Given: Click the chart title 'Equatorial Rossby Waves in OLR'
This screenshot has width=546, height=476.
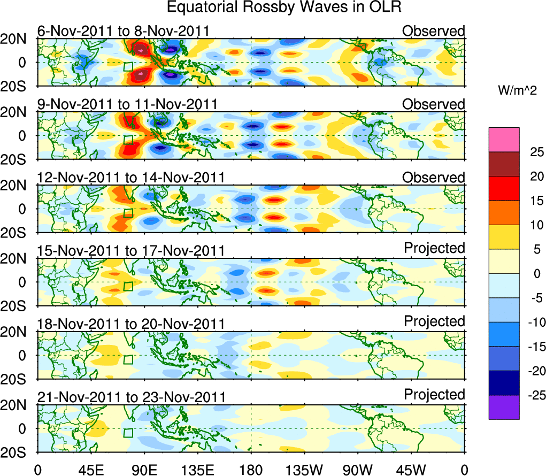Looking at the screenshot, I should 283,8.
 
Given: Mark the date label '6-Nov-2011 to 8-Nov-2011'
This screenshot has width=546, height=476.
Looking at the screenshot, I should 123,31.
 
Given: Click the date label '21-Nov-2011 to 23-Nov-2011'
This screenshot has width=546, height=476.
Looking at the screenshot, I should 131,397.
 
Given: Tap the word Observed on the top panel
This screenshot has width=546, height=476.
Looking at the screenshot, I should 434,31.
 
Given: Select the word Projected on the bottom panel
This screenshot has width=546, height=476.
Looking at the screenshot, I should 434,395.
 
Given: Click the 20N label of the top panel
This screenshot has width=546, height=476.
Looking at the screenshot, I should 17,39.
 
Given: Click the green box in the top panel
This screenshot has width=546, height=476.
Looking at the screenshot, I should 128,66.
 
